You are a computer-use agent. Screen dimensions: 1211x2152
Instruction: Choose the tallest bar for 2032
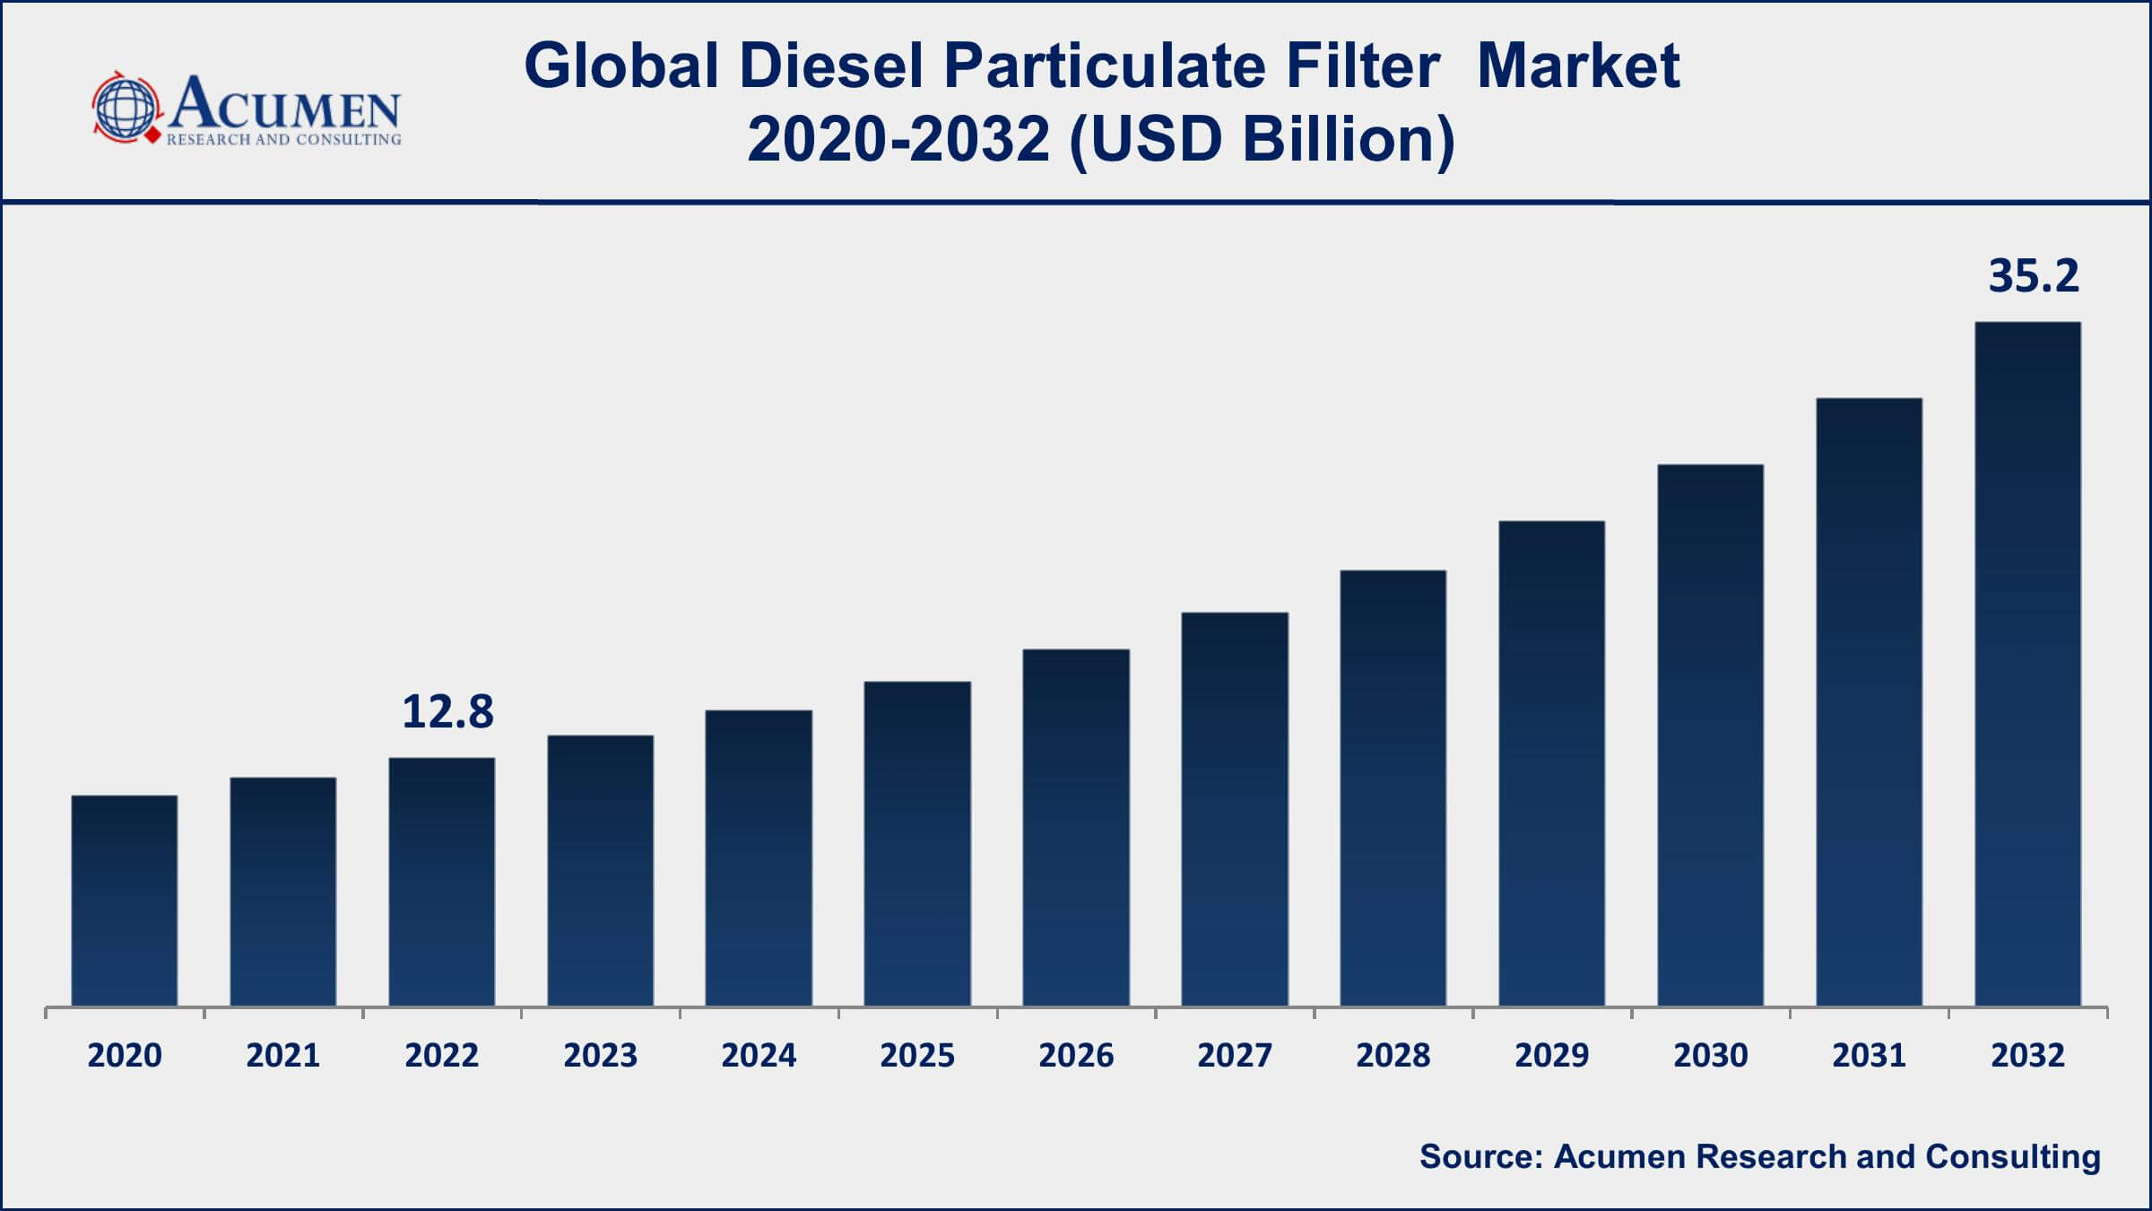(2027, 664)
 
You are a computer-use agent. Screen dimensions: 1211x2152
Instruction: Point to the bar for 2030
(1710, 735)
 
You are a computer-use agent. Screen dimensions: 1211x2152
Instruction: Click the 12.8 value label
(447, 712)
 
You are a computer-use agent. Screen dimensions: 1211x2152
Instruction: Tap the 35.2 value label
(2033, 275)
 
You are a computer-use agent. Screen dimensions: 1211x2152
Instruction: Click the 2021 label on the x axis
(283, 1056)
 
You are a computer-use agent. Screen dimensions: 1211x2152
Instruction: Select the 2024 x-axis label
(759, 1056)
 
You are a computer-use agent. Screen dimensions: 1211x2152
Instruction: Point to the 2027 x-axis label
(1235, 1056)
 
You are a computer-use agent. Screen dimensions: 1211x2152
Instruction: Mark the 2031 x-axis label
(1869, 1056)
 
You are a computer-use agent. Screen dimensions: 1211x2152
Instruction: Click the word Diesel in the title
(831, 66)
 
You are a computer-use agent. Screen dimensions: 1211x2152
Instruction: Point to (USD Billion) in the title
(1262, 140)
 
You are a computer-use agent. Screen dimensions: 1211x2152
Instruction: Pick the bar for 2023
(600, 870)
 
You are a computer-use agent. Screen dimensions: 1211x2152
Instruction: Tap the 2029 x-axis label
(1551, 1056)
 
